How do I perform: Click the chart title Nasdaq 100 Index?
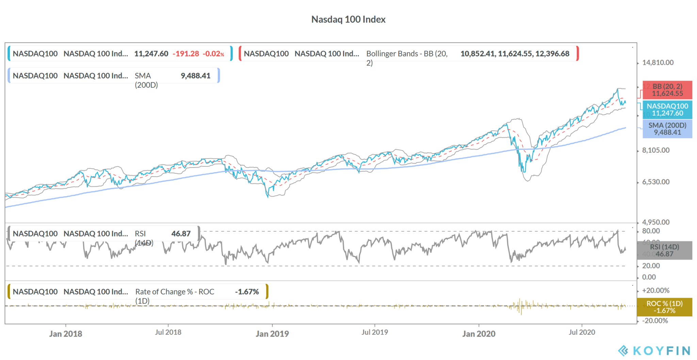(348, 19)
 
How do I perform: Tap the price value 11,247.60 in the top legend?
(151, 54)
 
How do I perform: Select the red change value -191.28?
(186, 54)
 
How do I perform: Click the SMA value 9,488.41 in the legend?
(195, 76)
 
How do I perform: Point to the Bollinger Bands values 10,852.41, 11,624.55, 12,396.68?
(515, 54)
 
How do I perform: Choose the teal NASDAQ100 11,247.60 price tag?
(667, 110)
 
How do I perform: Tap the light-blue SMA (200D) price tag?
(667, 129)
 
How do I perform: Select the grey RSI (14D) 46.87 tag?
(664, 250)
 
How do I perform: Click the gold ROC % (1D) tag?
(664, 307)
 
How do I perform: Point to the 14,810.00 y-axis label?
(658, 63)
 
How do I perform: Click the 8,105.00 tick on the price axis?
(655, 150)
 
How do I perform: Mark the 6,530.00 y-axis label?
(655, 182)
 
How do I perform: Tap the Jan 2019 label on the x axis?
(272, 334)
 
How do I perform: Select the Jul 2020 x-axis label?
(582, 332)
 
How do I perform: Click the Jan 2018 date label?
(66, 334)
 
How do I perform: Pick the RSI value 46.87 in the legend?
(181, 234)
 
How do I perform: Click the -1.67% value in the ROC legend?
(247, 292)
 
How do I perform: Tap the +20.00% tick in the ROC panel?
(655, 291)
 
